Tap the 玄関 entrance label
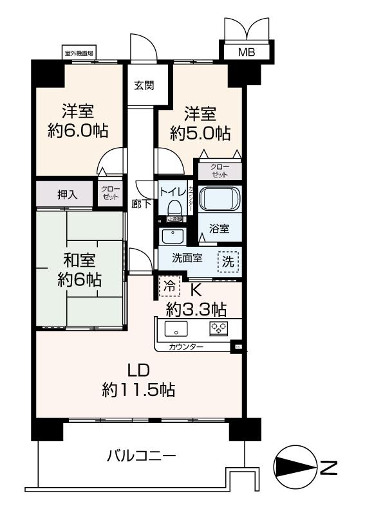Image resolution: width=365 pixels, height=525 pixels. pyautogui.click(x=144, y=85)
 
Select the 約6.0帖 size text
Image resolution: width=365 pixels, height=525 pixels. pyautogui.click(x=78, y=130)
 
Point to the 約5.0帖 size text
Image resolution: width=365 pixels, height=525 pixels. pyautogui.click(x=200, y=133)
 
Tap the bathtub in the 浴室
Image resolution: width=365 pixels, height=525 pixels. pyautogui.click(x=219, y=199)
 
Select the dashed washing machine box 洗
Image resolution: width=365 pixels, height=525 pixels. pyautogui.click(x=229, y=261)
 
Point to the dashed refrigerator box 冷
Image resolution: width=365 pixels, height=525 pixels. pyautogui.click(x=169, y=285)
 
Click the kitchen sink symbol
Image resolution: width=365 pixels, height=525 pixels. pyautogui.click(x=174, y=330)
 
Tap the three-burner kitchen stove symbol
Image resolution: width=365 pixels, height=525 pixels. pyautogui.click(x=220, y=330)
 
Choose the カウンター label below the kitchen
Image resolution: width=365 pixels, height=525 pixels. pyautogui.click(x=186, y=347)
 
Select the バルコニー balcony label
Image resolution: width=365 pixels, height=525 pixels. pyautogui.click(x=141, y=457)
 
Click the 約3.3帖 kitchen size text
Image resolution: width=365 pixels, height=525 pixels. pyautogui.click(x=196, y=309)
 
